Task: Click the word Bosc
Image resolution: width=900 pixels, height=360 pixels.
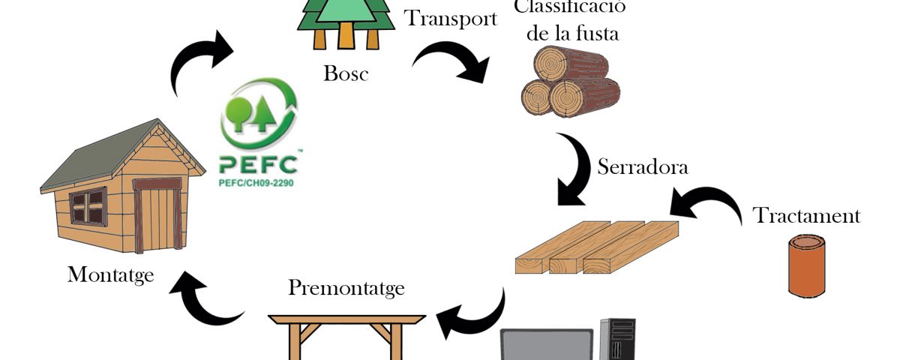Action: [x=346, y=73]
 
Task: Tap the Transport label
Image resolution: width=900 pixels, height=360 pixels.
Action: [x=451, y=18]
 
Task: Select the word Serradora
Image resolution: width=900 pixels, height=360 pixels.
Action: [x=642, y=166]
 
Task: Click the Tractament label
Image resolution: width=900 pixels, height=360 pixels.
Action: [x=806, y=216]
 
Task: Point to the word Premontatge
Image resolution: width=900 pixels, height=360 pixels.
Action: [x=346, y=287]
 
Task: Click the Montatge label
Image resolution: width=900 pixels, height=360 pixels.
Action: [x=110, y=274]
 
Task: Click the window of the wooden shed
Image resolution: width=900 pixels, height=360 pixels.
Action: [x=88, y=206]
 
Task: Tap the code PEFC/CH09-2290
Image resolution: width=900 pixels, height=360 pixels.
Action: [x=256, y=181]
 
